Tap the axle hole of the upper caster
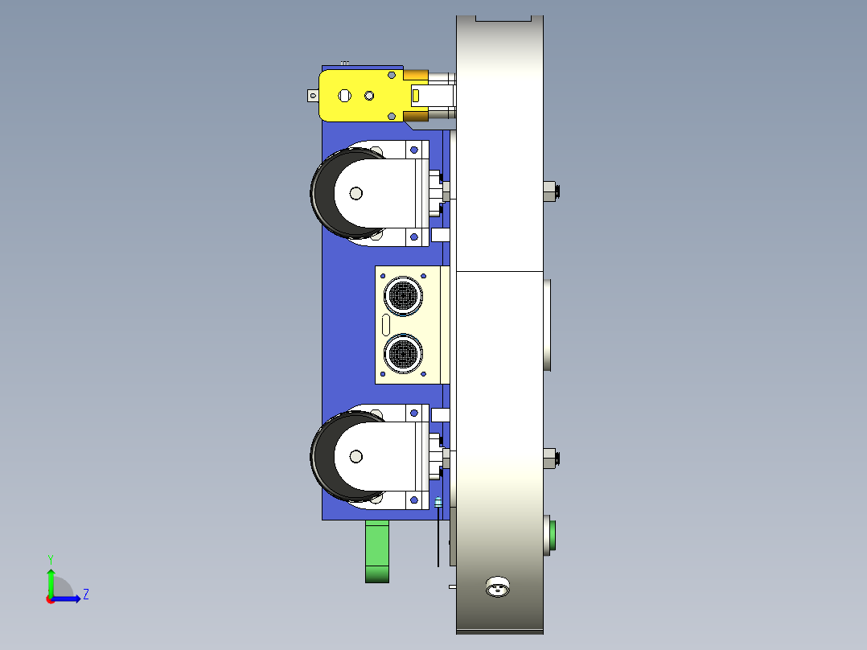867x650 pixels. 355,193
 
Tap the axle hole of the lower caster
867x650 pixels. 355,456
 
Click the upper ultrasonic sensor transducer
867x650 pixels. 402,295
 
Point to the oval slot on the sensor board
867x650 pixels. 385,325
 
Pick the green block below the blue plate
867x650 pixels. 377,551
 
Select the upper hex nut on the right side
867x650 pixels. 550,191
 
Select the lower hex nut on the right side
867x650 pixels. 550,459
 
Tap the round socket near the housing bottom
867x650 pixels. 499,587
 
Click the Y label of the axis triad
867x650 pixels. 50,558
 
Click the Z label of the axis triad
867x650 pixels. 85,594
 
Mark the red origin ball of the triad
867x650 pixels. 51,599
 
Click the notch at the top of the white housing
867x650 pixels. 504,18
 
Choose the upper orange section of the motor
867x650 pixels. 415,76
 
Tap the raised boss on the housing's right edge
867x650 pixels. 548,324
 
